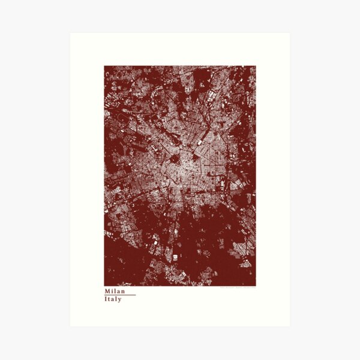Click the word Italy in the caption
coord(113,299)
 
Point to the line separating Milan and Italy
coord(120,295)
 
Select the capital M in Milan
coord(107,290)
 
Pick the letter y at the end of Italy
coord(120,299)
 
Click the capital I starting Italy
coord(105,299)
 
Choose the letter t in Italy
coord(109,299)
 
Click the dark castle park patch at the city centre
coord(175,159)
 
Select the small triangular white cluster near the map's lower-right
coord(245,262)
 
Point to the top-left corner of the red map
coord(104,66)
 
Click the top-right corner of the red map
coord(256,66)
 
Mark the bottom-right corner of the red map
coord(256,286)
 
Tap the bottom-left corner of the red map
coord(104,286)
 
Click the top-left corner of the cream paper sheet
coord(70,33)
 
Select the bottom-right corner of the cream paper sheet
coord(290,326)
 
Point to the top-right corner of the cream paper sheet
coord(290,33)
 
